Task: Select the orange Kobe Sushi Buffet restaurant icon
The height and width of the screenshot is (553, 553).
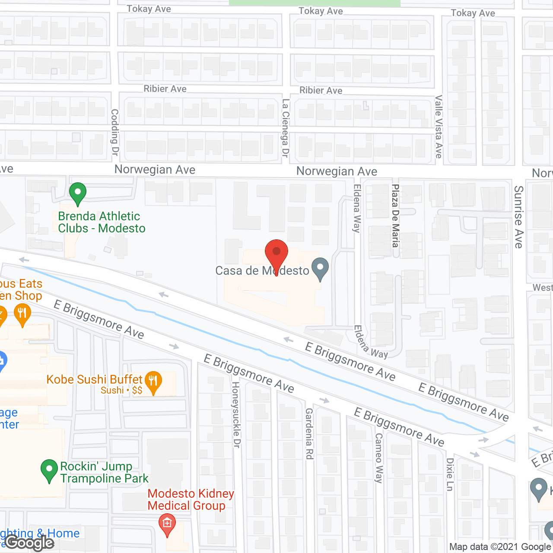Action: (153, 382)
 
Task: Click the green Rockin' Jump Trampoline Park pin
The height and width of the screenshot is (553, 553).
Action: (49, 470)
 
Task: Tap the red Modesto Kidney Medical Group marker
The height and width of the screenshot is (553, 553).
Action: (167, 524)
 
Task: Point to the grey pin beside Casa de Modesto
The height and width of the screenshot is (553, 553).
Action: (320, 268)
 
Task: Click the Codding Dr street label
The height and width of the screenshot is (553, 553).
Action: (115, 132)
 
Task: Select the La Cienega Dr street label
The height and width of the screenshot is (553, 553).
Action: (286, 128)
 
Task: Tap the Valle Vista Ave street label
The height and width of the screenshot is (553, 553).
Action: (439, 127)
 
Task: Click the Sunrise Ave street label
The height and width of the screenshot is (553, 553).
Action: (519, 217)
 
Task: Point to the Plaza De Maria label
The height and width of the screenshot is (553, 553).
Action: (395, 216)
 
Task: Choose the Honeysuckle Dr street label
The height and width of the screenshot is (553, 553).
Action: (236, 414)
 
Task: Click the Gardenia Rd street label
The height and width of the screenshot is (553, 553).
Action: (309, 433)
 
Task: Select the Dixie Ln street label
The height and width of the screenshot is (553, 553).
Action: (450, 474)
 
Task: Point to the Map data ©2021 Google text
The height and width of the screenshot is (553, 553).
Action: (500, 547)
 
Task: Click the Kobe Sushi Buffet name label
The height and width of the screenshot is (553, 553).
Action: (94, 380)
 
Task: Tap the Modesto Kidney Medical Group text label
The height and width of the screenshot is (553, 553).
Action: (191, 499)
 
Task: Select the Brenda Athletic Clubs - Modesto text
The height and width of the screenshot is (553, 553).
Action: (102, 222)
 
